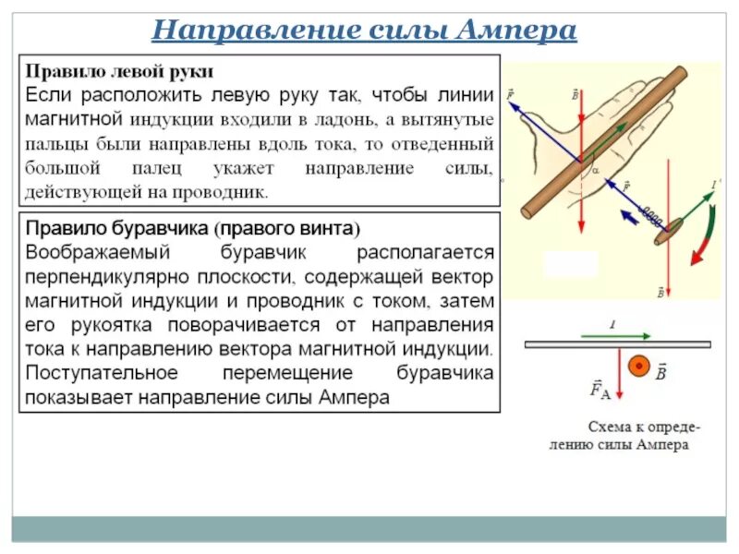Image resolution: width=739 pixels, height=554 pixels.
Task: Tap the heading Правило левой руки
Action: click(x=119, y=71)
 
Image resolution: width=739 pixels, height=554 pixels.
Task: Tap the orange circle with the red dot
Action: click(x=637, y=367)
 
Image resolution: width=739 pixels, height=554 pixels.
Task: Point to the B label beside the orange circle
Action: click(x=661, y=373)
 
